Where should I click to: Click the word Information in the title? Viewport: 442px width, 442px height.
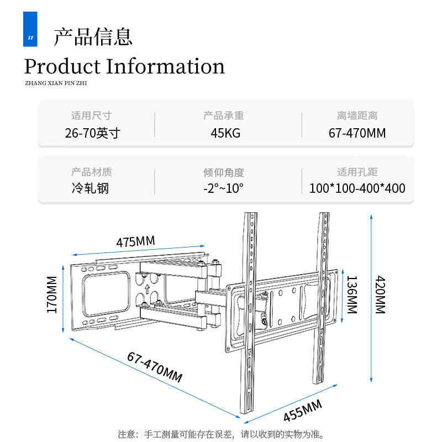pyautogui.click(x=165, y=67)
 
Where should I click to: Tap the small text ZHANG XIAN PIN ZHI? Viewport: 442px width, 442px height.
pyautogui.click(x=56, y=83)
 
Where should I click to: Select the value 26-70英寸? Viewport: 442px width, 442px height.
pyautogui.click(x=92, y=133)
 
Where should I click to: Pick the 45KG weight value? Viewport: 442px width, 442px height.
pyautogui.click(x=225, y=133)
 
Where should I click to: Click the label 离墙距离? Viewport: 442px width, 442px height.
pyautogui.click(x=357, y=116)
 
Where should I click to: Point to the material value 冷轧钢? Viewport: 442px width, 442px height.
pyautogui.click(x=90, y=188)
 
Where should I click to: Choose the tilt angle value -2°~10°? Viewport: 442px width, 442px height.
pyautogui.click(x=223, y=188)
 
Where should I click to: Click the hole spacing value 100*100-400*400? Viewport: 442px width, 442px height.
pyautogui.click(x=357, y=188)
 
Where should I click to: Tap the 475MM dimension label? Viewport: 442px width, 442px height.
pyautogui.click(x=135, y=242)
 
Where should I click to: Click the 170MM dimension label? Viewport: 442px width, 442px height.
pyautogui.click(x=52, y=294)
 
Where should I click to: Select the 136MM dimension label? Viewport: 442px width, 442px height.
pyautogui.click(x=351, y=294)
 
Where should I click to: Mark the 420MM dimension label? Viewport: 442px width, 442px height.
pyautogui.click(x=380, y=295)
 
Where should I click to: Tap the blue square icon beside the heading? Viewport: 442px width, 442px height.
pyautogui.click(x=30, y=29)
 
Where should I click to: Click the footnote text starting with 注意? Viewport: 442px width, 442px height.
pyautogui.click(x=221, y=434)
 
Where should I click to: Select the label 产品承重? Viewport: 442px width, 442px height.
pyautogui.click(x=223, y=116)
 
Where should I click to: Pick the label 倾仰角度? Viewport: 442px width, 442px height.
pyautogui.click(x=223, y=172)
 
